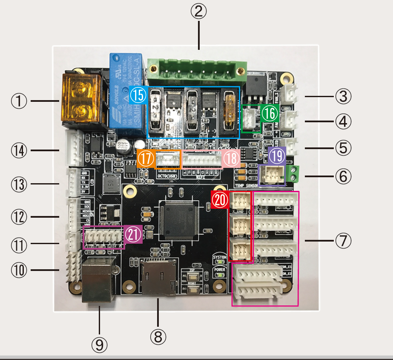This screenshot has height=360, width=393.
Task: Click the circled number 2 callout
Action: point(198,12)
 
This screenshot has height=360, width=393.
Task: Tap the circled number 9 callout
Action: point(99,344)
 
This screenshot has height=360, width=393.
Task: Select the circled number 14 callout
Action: point(19,150)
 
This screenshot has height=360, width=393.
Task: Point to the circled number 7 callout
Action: point(343,241)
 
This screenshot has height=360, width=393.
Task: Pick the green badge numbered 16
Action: point(269,114)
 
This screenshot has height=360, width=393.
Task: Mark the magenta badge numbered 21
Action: point(133,235)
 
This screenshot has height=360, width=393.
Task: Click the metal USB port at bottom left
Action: point(98,279)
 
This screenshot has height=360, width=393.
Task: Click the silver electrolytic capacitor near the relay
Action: point(123,146)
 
